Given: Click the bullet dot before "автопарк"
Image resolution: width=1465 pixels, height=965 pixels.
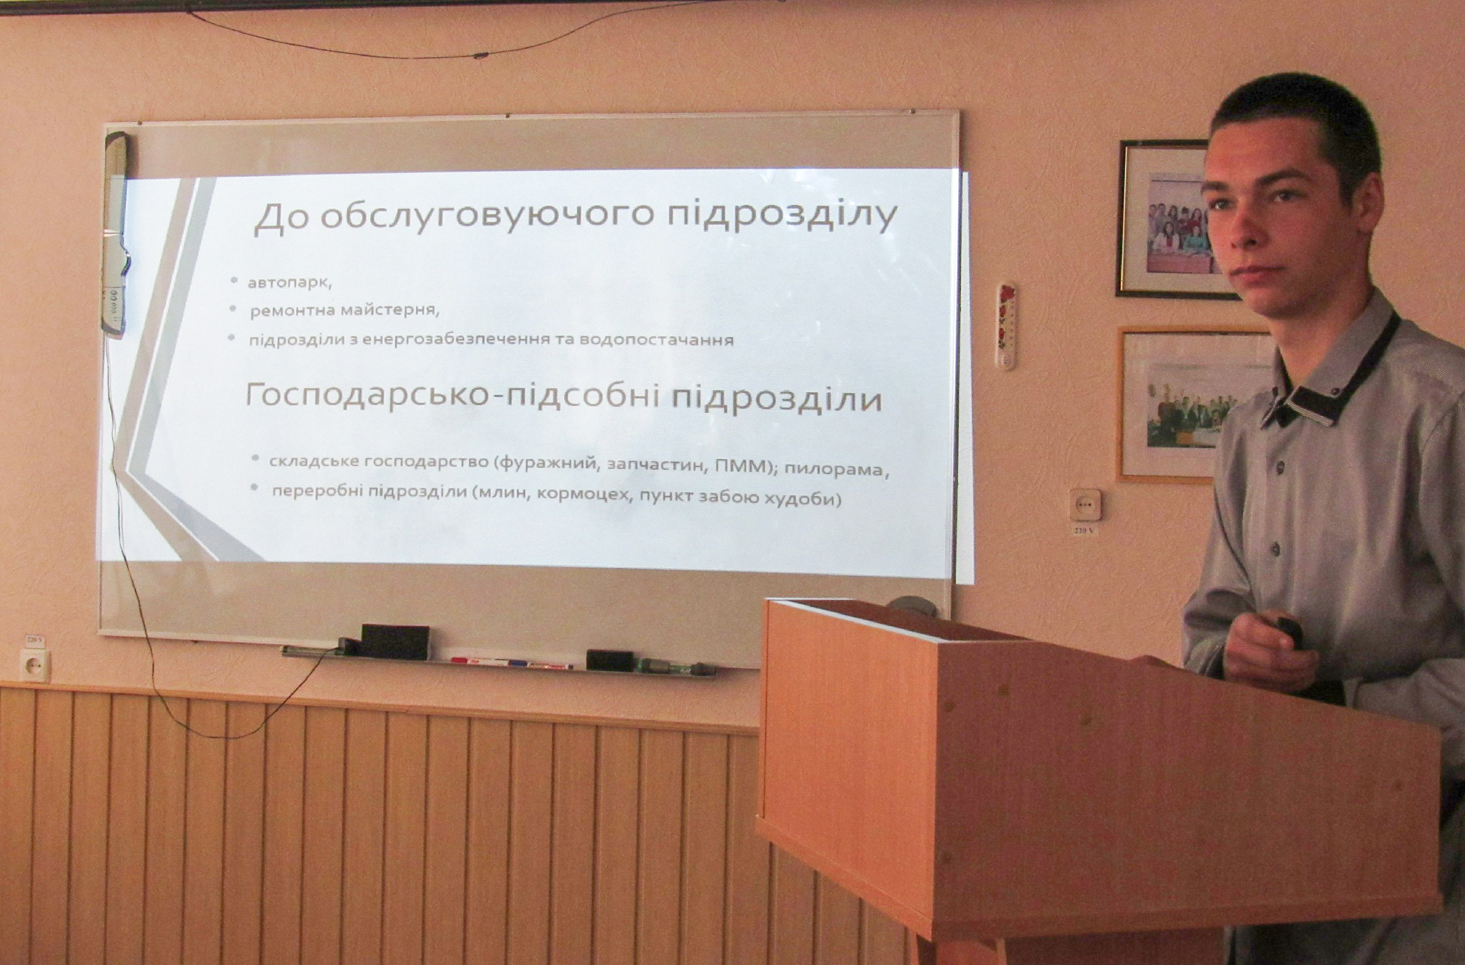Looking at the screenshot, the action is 235,281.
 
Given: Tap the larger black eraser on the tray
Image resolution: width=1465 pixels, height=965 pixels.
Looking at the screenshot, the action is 395,641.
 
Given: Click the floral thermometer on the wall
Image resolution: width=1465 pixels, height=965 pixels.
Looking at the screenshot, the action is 1008,326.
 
